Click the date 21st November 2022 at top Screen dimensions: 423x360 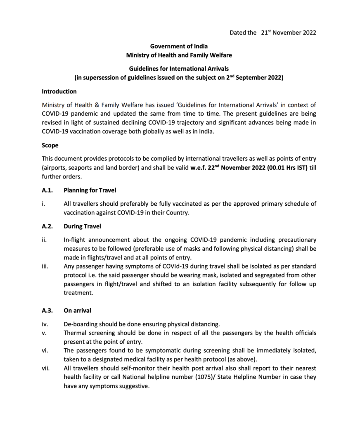tap(289, 33)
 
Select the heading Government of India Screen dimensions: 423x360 tap(179, 46)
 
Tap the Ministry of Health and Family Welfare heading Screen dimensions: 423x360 tap(179, 55)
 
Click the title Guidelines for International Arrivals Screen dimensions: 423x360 tap(179, 69)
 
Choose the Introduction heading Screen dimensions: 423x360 tap(59, 91)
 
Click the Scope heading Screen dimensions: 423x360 tap(50, 145)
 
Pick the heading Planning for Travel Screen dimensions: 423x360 tap(90, 190)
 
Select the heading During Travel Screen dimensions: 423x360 tap(82, 226)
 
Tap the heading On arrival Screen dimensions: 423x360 tap(77, 310)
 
